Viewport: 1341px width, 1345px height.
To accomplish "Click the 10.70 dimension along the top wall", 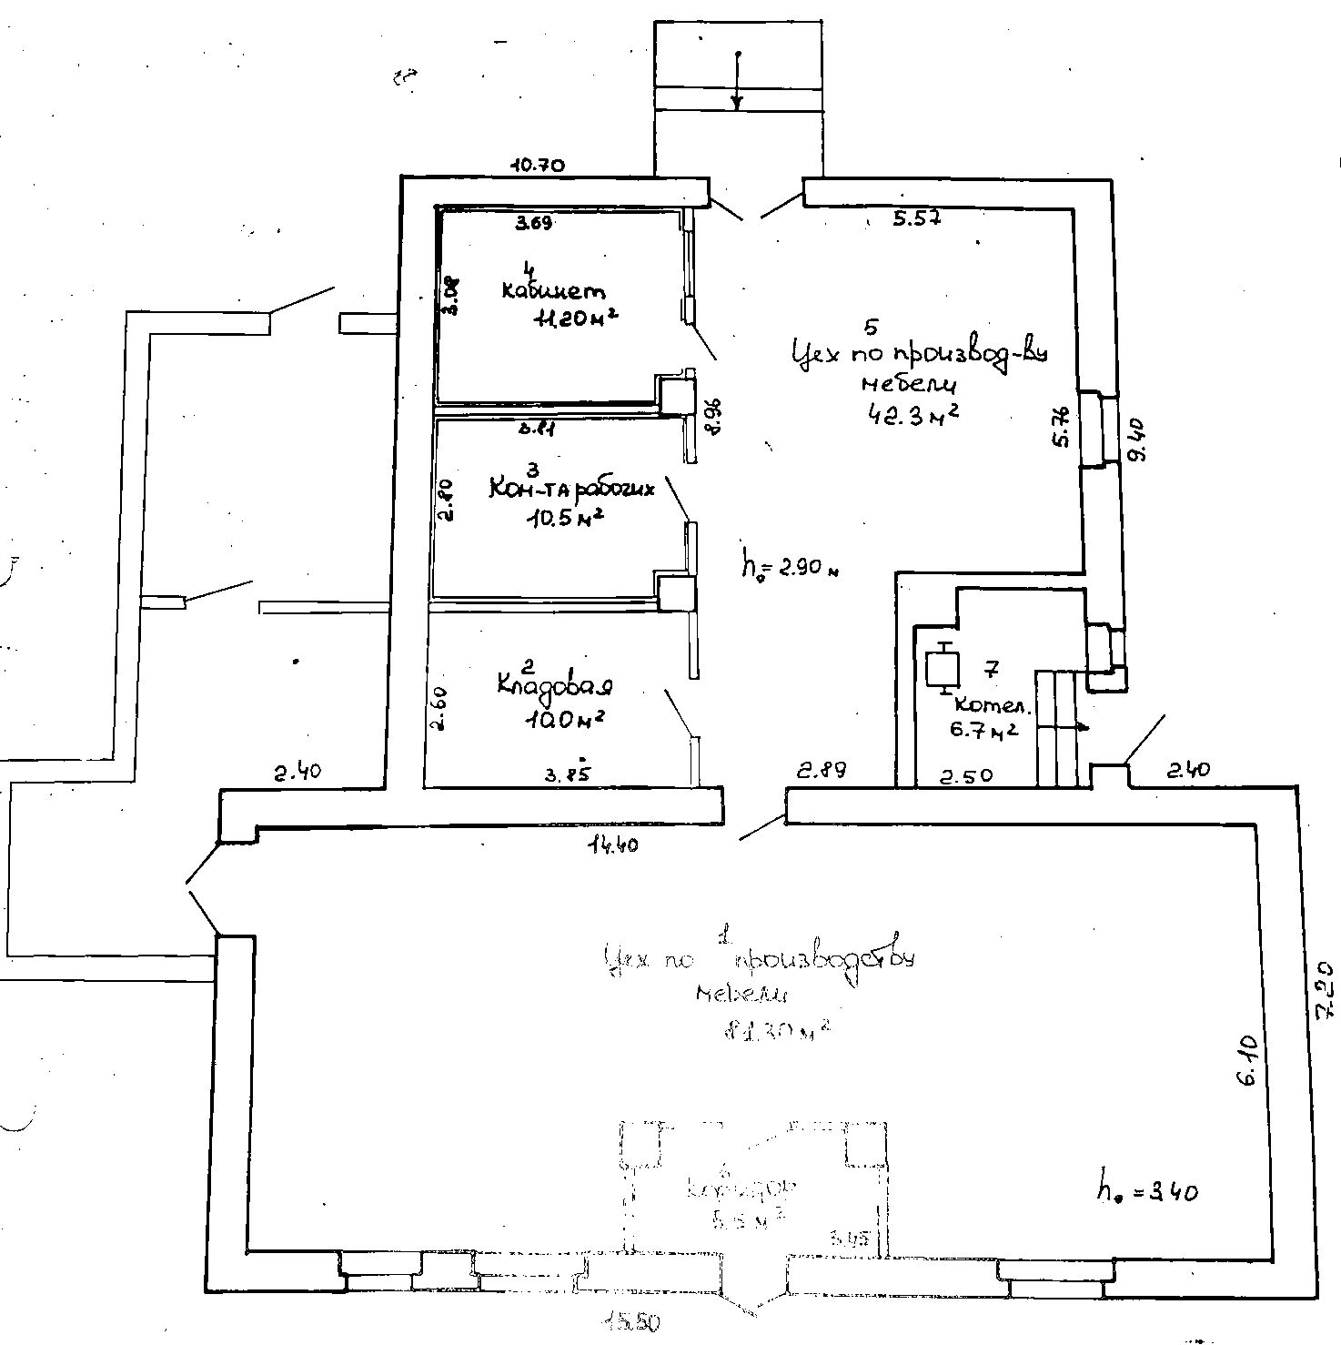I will (539, 166).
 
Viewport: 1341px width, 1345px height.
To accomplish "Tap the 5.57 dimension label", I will (915, 218).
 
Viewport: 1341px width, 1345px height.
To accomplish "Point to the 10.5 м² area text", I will (565, 519).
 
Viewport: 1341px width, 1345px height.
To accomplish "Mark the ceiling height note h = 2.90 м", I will (788, 569).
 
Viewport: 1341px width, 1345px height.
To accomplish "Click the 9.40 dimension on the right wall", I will (1137, 440).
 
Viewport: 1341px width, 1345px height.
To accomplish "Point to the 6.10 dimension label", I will (1246, 1059).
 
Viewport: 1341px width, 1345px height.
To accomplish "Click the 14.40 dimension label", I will (613, 844).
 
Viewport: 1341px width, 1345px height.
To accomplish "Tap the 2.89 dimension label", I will (822, 770).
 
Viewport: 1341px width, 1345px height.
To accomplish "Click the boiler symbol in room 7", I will (939, 668).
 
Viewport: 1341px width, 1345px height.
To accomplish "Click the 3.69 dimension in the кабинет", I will (534, 223).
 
